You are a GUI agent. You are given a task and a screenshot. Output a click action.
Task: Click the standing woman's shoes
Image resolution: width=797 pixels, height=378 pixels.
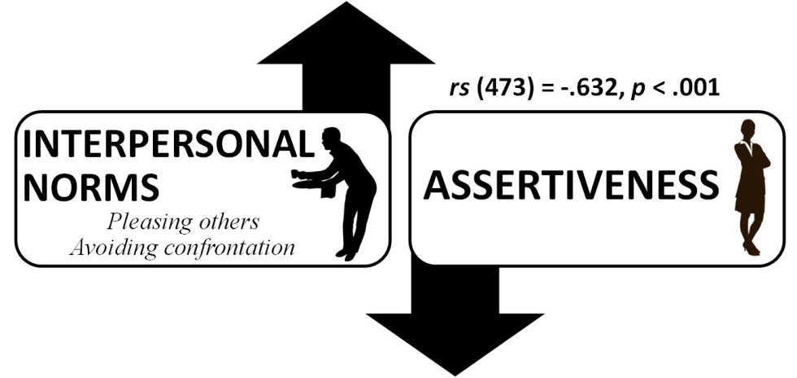pos(750,248)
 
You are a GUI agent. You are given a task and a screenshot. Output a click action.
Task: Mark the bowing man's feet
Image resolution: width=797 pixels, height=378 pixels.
pos(348,253)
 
